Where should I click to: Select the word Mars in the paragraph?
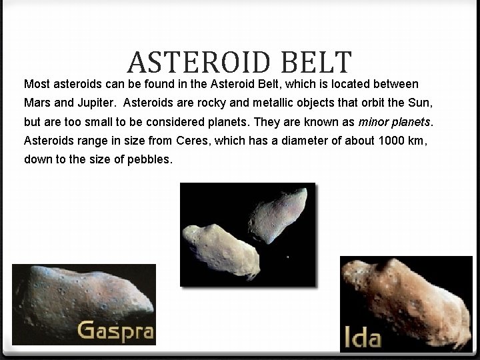[37, 103]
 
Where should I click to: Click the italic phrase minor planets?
[395, 122]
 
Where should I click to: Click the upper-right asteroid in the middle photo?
[278, 215]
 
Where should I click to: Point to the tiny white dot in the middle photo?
[287, 256]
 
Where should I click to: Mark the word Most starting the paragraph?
[36, 85]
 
